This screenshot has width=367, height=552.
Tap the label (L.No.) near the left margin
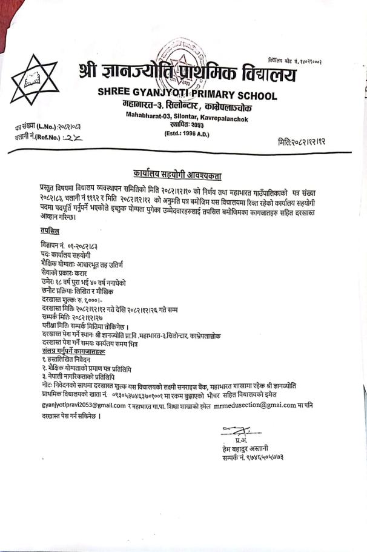click(x=47, y=127)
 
